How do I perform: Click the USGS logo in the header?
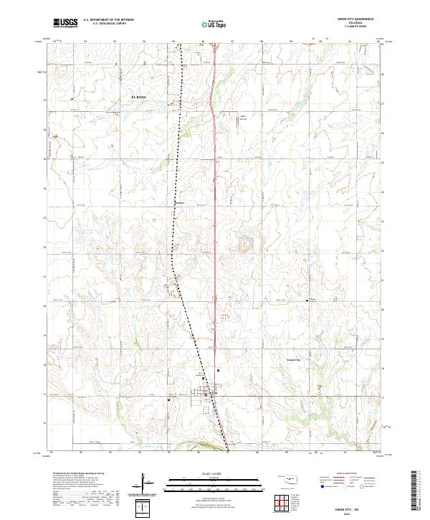[65, 23]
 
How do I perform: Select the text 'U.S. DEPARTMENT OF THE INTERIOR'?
[109, 20]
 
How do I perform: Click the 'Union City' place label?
[295, 360]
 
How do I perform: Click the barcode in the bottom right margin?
[416, 495]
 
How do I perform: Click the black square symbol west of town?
[168, 399]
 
